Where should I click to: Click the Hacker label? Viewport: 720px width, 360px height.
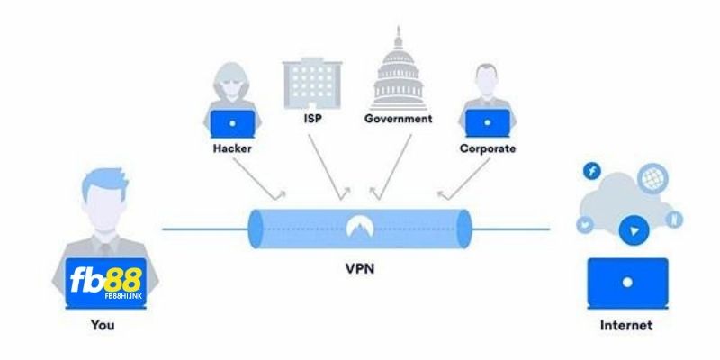click(232, 148)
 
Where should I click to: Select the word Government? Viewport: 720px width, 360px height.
click(399, 118)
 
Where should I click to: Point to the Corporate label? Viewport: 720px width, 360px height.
click(488, 148)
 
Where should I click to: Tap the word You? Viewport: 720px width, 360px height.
click(102, 324)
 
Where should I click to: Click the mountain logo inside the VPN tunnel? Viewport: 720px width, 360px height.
click(360, 229)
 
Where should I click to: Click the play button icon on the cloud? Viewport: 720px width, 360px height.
click(635, 231)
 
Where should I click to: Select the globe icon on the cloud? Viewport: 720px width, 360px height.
click(652, 178)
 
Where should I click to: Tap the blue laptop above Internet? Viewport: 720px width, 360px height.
click(626, 281)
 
